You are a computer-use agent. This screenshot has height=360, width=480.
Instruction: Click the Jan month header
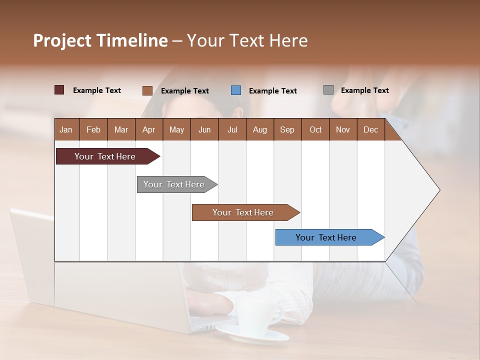(x=66, y=129)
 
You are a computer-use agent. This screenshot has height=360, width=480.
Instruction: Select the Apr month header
(x=149, y=129)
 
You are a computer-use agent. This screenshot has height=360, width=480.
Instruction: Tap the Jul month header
(x=232, y=129)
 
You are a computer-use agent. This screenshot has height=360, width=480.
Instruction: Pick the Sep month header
(x=287, y=129)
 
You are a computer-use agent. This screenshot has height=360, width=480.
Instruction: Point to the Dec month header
(x=370, y=129)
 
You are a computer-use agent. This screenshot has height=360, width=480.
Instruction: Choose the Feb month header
(x=93, y=129)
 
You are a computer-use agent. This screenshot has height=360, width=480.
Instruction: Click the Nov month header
(x=342, y=129)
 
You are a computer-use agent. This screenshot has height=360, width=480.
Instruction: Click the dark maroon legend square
(x=59, y=90)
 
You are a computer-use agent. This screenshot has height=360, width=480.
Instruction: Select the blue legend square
(x=236, y=90)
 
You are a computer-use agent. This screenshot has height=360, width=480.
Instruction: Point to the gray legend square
(x=328, y=90)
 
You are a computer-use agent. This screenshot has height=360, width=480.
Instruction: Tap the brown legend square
(x=147, y=90)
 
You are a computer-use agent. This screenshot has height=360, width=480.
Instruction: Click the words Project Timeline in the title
(x=100, y=40)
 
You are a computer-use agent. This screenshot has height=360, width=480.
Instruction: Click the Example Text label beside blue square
(x=272, y=91)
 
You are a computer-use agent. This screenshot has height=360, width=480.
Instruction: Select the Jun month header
(x=204, y=129)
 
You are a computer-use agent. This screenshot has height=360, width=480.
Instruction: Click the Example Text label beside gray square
(x=364, y=90)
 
